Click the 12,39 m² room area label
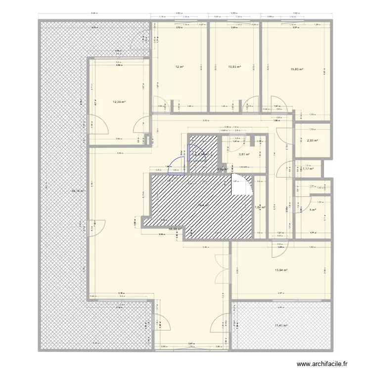(x=119, y=102)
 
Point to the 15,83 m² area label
(x=297, y=70)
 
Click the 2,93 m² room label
(x=312, y=140)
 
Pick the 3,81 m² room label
(x=244, y=154)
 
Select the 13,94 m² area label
(x=281, y=270)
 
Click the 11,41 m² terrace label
(x=280, y=325)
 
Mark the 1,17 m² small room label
(x=309, y=169)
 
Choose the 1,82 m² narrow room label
(x=260, y=208)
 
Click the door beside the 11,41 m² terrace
(x=219, y=324)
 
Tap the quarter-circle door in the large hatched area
(x=245, y=187)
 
